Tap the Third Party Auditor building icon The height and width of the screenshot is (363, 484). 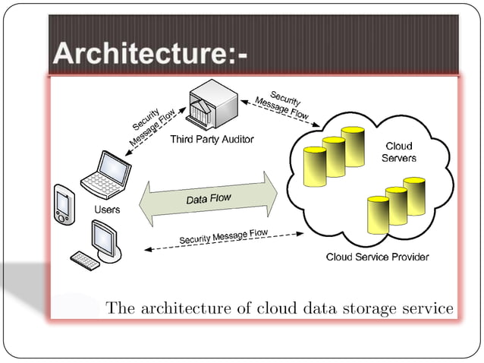click(x=212, y=106)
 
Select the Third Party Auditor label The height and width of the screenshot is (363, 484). click(x=211, y=139)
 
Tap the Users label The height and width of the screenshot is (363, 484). click(x=106, y=209)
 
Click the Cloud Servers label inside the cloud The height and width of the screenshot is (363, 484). click(x=399, y=152)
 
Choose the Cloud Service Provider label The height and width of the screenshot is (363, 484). click(x=377, y=257)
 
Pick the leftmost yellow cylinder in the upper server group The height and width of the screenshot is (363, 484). click(x=314, y=166)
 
